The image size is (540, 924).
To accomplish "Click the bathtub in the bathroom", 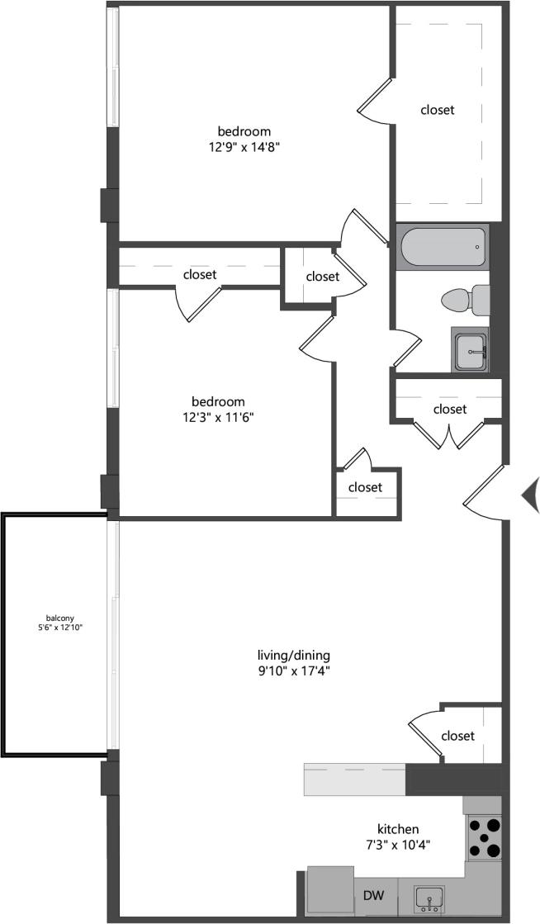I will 442,247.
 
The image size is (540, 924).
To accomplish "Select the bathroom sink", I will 470,349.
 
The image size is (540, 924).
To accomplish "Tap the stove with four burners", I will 484,836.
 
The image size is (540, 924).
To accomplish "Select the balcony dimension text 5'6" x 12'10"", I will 55,628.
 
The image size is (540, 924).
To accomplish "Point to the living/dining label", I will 293,656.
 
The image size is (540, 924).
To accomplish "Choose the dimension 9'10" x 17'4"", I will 293,670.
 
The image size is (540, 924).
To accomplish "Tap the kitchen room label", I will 399,829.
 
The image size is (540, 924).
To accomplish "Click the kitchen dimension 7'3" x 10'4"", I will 399,844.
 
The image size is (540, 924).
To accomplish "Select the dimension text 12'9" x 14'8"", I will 244,146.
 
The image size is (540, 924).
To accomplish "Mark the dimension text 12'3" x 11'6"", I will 219,417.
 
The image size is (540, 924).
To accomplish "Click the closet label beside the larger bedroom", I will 438,109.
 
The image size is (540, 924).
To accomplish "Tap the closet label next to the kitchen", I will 457,736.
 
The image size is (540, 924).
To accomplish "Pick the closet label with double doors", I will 450,409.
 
